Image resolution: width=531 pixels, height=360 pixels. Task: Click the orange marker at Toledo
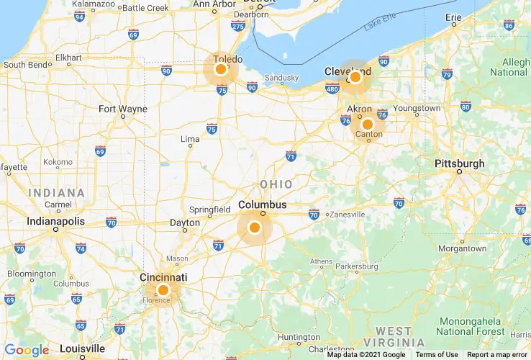tap(221, 70)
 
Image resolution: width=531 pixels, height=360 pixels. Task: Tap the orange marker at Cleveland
tap(355, 76)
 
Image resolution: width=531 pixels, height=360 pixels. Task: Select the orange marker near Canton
tap(367, 124)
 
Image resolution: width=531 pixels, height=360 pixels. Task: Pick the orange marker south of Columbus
tap(254, 228)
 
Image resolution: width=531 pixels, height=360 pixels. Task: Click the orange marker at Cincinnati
tap(163, 290)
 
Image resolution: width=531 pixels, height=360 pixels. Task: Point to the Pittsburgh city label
tap(459, 163)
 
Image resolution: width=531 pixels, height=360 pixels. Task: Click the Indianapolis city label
tap(55, 221)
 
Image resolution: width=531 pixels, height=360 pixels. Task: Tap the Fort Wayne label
tap(123, 109)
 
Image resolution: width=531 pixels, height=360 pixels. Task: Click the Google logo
tap(27, 351)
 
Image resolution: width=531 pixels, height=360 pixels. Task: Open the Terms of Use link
tap(436, 354)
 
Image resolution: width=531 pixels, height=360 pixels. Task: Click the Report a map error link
tap(496, 354)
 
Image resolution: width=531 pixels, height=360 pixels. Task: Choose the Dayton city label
tap(184, 223)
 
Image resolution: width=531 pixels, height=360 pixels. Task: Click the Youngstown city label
tap(416, 108)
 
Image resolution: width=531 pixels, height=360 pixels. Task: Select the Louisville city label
tap(82, 348)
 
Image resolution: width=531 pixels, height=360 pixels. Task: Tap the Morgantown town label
tap(462, 248)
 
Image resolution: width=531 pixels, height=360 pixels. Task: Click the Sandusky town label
tap(281, 78)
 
